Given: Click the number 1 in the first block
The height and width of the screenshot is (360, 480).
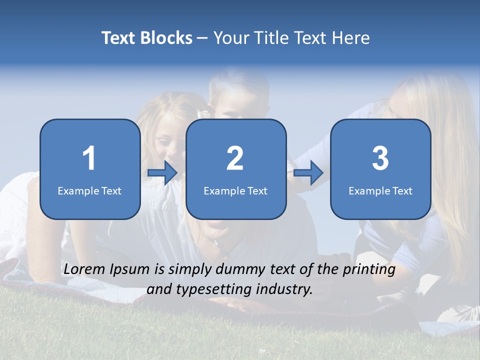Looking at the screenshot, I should [89, 158].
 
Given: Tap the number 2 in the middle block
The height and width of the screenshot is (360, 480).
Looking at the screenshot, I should [235, 158].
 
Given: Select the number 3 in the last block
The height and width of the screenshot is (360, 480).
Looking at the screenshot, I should [380, 158].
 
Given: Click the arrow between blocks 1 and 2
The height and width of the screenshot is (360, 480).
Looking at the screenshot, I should [162, 173].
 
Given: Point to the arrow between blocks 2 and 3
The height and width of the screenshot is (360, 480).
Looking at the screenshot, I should [308, 173].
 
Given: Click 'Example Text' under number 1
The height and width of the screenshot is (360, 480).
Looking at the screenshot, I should [89, 191].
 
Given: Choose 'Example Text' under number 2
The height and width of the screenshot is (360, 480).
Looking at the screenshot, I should [235, 191].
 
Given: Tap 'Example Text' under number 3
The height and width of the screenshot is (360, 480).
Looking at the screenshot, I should [380, 191].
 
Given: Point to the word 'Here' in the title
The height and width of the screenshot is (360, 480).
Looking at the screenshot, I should [351, 38].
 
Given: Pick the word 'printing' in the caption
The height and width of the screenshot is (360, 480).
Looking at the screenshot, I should [369, 270].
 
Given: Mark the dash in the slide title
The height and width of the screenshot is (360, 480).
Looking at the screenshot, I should [203, 38].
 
